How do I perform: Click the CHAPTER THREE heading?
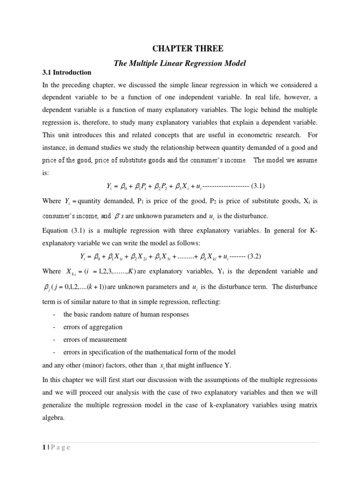[180, 48]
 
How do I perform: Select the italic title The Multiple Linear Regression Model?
[180, 62]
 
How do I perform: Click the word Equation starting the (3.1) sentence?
[56, 229]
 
